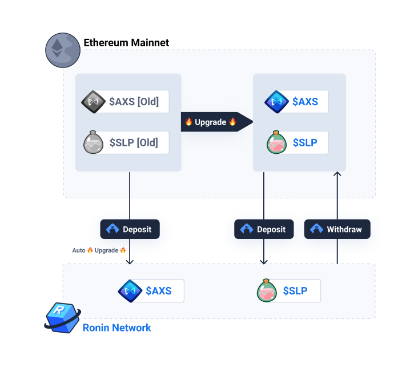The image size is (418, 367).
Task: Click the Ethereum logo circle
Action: coord(63,50)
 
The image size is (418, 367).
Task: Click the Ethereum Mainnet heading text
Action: coord(126,43)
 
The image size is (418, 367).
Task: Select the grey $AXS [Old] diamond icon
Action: coord(93,102)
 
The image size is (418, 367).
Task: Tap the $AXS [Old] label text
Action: coord(134,102)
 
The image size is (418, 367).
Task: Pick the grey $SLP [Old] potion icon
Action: coord(93,142)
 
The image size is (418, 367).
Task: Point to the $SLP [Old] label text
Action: coord(134,142)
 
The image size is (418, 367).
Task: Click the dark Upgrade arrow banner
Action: coord(217,122)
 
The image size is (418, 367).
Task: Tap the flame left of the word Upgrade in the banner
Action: coord(189,121)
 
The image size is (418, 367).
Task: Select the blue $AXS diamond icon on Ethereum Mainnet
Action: coord(277,102)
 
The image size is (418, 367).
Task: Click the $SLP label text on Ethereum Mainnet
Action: coord(305,142)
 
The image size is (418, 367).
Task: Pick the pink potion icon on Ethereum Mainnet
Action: coord(277,142)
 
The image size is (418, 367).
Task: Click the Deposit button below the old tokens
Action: coord(130,229)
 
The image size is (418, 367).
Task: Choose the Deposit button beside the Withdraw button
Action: coord(264,229)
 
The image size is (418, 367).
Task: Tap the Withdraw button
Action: coord(337,229)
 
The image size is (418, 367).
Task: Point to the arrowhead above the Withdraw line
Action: coord(337,173)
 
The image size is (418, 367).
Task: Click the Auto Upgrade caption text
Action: coord(99,250)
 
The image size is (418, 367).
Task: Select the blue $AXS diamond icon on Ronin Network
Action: coord(130,291)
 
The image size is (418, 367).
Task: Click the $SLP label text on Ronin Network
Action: coord(295,290)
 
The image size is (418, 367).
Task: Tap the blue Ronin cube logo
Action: coord(63,318)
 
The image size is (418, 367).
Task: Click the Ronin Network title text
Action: coord(116,328)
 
